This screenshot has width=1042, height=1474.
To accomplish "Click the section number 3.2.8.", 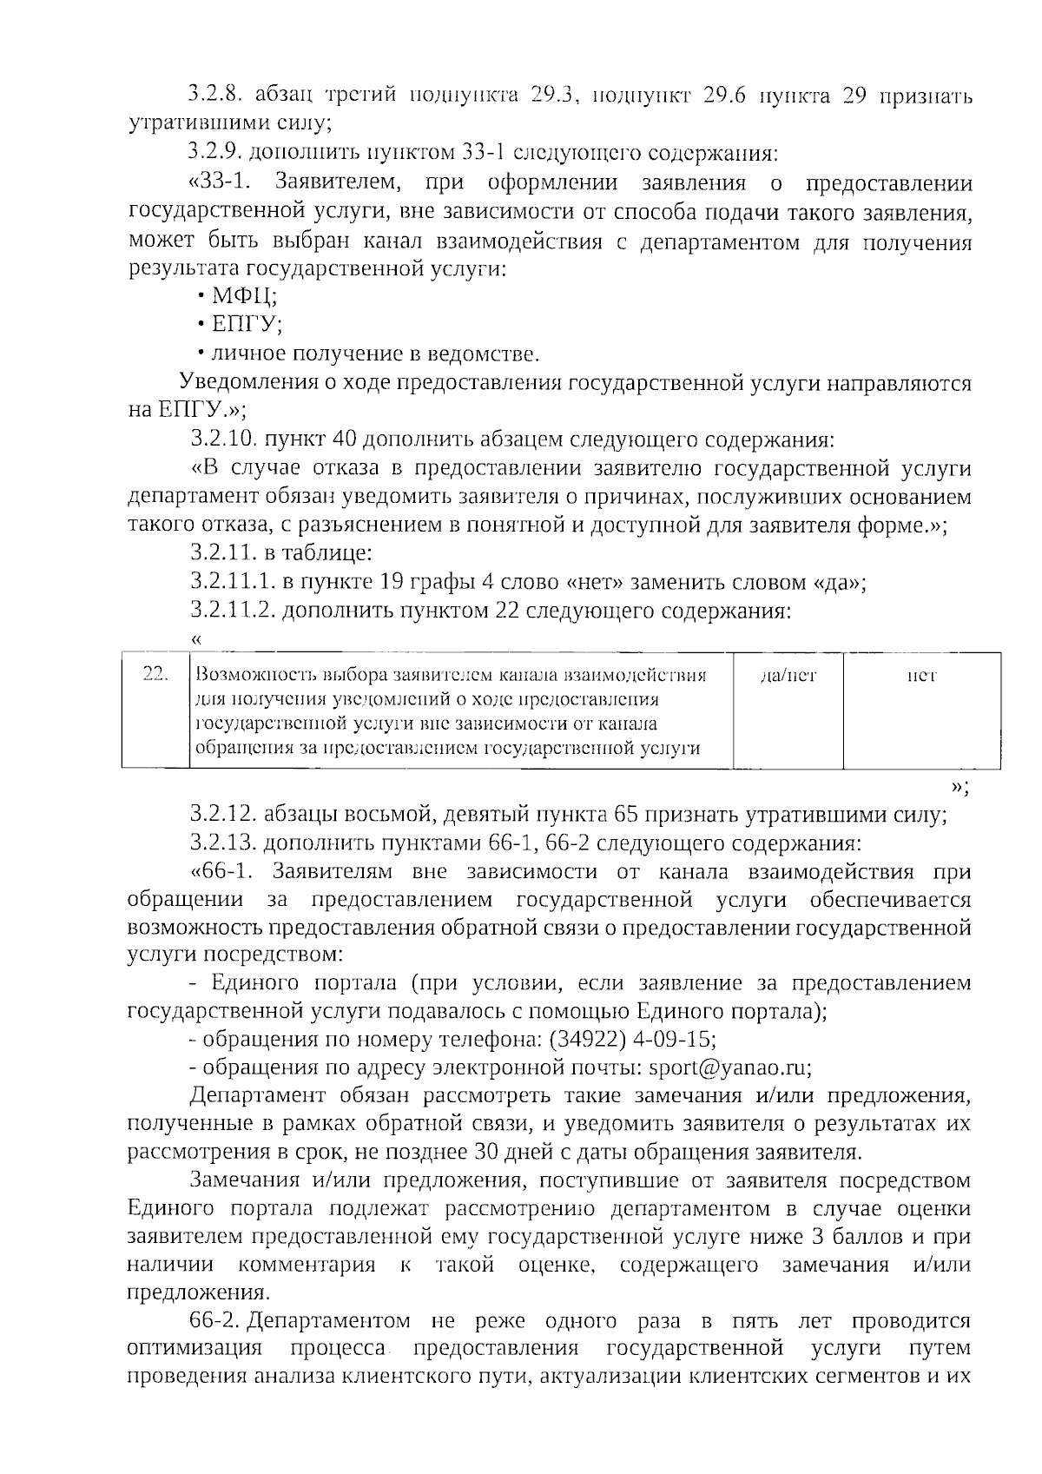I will (x=214, y=96).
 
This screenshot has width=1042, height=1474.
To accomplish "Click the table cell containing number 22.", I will (x=155, y=675).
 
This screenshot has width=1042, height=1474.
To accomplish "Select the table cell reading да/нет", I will (x=788, y=675).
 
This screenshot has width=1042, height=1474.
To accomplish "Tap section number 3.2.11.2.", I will (x=233, y=611).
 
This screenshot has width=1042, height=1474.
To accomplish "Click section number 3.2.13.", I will (x=222, y=843).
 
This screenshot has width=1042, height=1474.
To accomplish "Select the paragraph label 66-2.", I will (x=216, y=1321).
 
